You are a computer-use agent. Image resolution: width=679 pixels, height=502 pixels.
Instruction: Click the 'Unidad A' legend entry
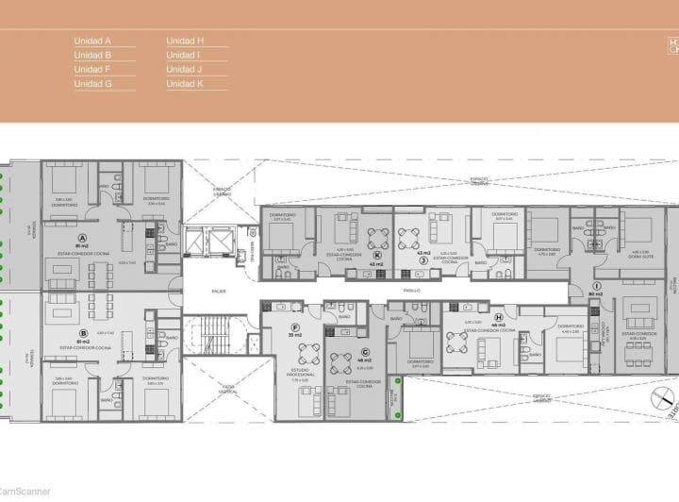click(x=92, y=42)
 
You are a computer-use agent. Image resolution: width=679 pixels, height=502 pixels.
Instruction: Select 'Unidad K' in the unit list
click(x=185, y=84)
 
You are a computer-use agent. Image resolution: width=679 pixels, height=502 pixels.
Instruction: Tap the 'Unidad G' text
click(x=92, y=84)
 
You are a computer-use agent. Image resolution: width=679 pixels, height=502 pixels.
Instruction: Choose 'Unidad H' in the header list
click(x=185, y=42)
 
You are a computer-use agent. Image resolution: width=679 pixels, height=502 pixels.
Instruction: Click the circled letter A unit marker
click(x=83, y=238)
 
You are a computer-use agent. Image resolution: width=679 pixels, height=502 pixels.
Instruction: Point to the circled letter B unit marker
click(x=83, y=332)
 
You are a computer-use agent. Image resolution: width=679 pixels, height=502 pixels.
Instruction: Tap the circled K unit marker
click(x=377, y=255)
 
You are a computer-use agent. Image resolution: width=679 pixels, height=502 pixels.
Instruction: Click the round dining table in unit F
click(x=307, y=353)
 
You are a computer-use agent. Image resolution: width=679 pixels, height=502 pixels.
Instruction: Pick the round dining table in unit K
click(x=378, y=236)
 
